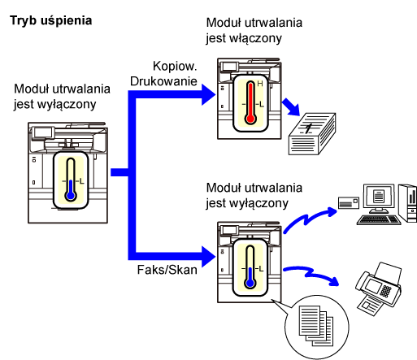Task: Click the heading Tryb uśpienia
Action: pos(51,21)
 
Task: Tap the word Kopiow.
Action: pos(175,66)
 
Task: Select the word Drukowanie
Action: pos(163,81)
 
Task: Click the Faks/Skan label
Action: pos(167,270)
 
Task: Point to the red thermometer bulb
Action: pos(250,119)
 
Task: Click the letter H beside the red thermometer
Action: pos(260,84)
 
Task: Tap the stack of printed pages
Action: pos(312,134)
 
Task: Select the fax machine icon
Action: pos(379,289)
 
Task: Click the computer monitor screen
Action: pos(379,196)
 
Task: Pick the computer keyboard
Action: pos(379,219)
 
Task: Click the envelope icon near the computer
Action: pos(349,203)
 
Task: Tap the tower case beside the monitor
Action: pos(408,202)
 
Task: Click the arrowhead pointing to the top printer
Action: pos(208,94)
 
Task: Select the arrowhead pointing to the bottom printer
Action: pos(208,256)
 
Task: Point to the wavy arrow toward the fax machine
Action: pos(311,275)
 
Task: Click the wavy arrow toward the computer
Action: pos(309,219)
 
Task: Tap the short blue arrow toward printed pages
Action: pos(291,107)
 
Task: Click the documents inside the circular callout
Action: pos(316,326)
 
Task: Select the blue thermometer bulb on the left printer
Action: pos(71,195)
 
